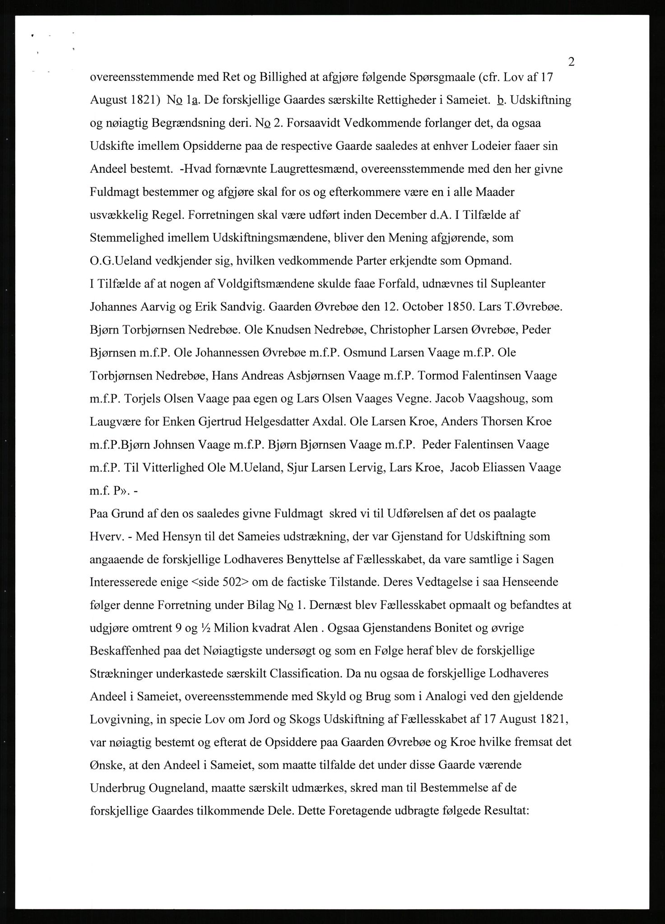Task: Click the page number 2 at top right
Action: (571, 62)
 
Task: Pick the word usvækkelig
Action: (119, 215)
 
